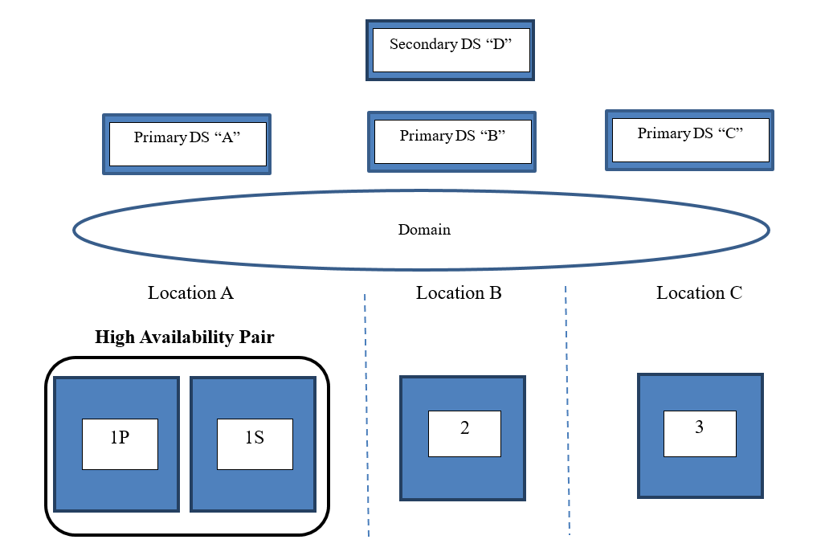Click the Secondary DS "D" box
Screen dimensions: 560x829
450,51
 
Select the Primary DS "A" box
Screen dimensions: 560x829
187,144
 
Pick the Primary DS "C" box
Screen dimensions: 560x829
689,140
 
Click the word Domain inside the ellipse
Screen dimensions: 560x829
424,230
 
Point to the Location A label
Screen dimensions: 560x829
190,293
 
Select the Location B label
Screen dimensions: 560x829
459,293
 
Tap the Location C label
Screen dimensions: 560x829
699,293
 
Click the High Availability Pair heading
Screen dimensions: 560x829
184,337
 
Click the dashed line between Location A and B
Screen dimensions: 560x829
366,418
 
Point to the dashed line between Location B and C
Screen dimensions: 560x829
567,418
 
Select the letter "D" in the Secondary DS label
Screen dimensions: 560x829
500,45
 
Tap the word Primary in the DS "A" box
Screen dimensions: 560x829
160,137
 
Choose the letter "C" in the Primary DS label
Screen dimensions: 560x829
730,133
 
